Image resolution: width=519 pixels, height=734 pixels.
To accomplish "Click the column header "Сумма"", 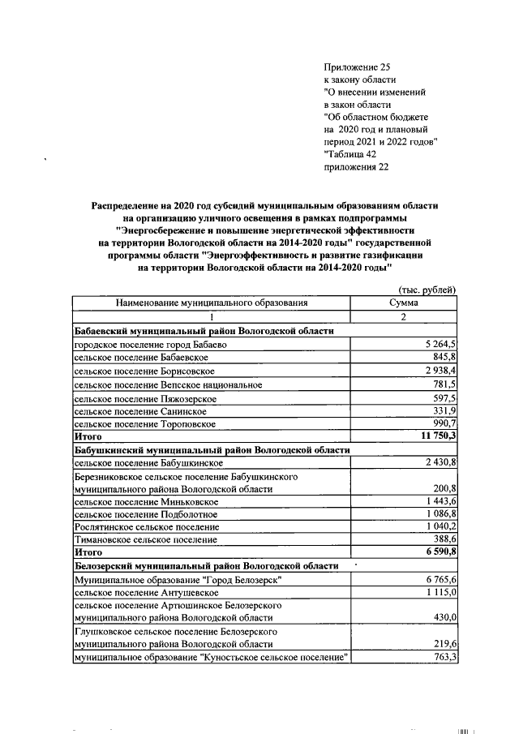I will pos(403,303).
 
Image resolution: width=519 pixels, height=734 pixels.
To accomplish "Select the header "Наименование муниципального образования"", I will pos(212,303).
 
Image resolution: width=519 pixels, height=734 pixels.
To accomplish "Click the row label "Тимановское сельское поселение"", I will pos(146,539).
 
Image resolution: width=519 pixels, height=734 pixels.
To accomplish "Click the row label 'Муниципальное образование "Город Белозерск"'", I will pos(178,581).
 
